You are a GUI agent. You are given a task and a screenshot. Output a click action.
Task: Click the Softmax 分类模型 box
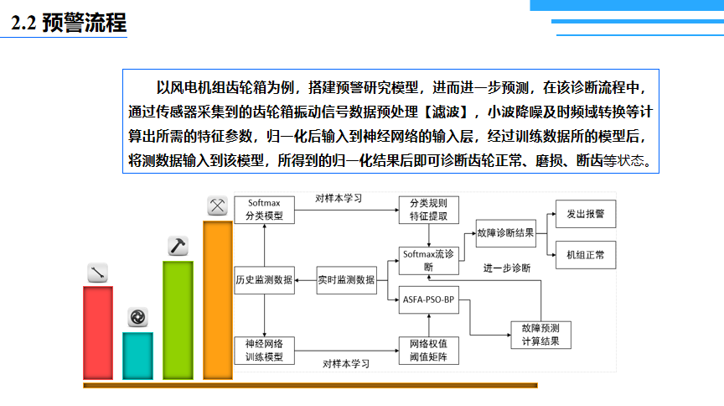264,210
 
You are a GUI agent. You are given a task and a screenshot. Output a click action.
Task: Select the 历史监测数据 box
264,280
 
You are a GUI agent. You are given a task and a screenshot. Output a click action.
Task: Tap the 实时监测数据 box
346,280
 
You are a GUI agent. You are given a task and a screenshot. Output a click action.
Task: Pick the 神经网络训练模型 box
264,350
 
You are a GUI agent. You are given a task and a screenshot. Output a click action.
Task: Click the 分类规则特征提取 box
428,210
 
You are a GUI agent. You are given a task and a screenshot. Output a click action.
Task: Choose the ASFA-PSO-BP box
428,299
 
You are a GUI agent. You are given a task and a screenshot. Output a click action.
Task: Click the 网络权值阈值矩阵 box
428,350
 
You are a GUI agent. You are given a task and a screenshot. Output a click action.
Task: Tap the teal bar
138,356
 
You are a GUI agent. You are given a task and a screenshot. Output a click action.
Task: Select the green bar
178,320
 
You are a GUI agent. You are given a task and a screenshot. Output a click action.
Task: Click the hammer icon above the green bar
178,246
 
